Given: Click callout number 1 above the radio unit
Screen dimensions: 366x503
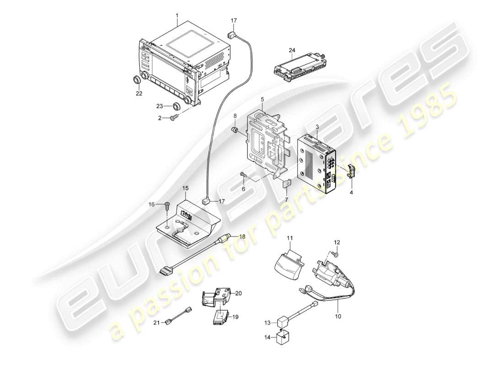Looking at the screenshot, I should tap(177, 16).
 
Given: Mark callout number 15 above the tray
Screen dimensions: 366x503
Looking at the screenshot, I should tap(185, 188).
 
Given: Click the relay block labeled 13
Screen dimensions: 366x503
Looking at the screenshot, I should tap(283, 322).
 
